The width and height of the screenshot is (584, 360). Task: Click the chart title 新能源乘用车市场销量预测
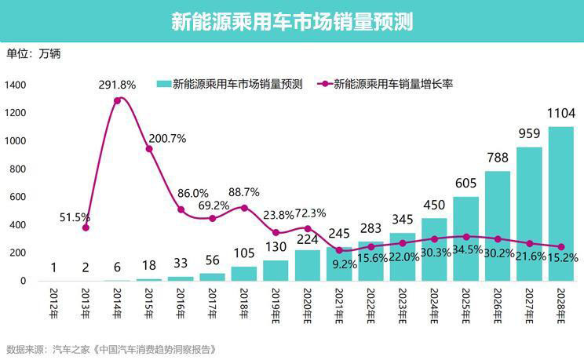(x=292, y=21)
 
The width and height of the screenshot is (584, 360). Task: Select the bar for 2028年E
(x=560, y=204)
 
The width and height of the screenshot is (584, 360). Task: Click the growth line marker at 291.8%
(x=118, y=100)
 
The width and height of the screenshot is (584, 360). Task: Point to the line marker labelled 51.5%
(x=86, y=227)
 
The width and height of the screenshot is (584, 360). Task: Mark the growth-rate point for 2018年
(x=244, y=208)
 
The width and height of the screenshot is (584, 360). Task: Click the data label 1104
(x=560, y=113)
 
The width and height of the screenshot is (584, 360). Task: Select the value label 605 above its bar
(x=465, y=183)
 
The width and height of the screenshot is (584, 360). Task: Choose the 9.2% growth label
(x=344, y=265)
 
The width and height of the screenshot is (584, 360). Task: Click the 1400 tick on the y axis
(x=15, y=85)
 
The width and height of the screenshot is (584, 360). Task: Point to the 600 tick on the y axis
(x=18, y=197)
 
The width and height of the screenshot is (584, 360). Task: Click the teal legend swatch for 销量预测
(x=163, y=84)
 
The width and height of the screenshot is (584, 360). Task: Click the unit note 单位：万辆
(x=33, y=54)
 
